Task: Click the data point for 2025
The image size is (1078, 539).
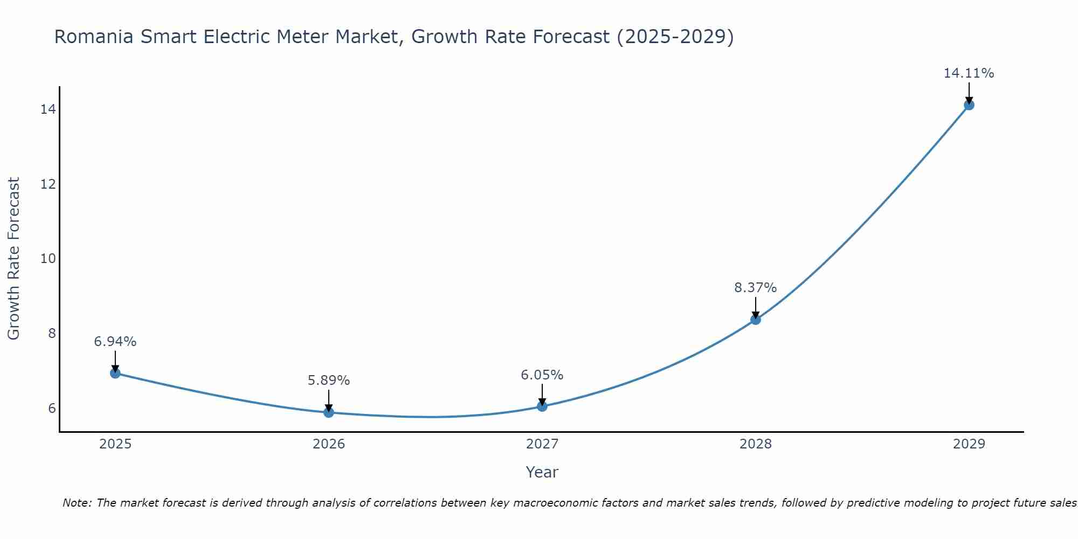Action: pyautogui.click(x=115, y=373)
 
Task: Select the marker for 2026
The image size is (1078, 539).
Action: pyautogui.click(x=329, y=412)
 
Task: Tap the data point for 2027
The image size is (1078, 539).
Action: pyautogui.click(x=542, y=406)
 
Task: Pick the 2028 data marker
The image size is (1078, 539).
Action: pyautogui.click(x=756, y=320)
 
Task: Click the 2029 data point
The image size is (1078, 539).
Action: pyautogui.click(x=969, y=105)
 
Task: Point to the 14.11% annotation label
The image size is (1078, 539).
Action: pyautogui.click(x=969, y=73)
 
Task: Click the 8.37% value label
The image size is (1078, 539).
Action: pyautogui.click(x=755, y=288)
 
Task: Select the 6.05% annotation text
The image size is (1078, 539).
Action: pyautogui.click(x=542, y=375)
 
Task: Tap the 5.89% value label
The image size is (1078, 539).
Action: pyautogui.click(x=328, y=381)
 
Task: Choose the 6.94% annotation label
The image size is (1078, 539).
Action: pyautogui.click(x=115, y=342)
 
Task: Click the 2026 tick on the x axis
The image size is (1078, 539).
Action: pyautogui.click(x=329, y=444)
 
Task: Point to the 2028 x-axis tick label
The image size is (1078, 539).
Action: pyautogui.click(x=756, y=444)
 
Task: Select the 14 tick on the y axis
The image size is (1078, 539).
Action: pyautogui.click(x=48, y=109)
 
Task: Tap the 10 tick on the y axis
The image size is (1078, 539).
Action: pyautogui.click(x=48, y=259)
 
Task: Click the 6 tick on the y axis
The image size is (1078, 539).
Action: pyautogui.click(x=52, y=408)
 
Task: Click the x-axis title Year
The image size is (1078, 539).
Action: pyautogui.click(x=542, y=472)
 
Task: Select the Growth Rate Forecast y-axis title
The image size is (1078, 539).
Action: pyautogui.click(x=14, y=259)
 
